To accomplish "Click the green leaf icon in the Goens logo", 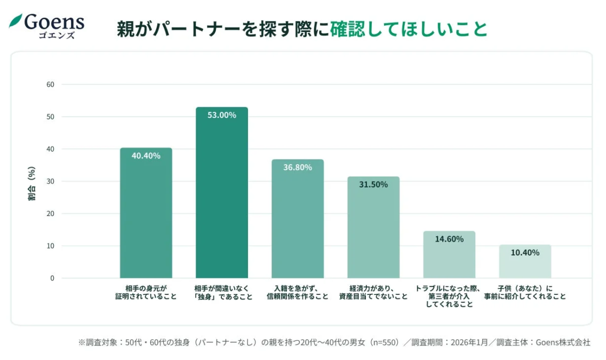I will click(x=16, y=21).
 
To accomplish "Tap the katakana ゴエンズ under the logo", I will click(x=56, y=36).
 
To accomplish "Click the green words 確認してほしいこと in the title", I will click(x=409, y=29).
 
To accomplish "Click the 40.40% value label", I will click(x=146, y=156).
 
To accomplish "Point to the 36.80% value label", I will click(x=297, y=167).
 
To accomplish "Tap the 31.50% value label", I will click(x=373, y=185).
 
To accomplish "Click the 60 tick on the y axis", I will click(x=51, y=84).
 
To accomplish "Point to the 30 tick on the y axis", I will click(x=51, y=181).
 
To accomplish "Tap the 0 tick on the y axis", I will click(x=52, y=278).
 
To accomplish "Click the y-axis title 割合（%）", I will click(x=31, y=184).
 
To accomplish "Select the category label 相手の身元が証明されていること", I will click(x=146, y=293).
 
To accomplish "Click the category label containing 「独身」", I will click(x=221, y=293).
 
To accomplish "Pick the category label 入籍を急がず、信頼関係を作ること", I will click(x=297, y=293).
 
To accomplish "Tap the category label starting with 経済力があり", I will click(x=373, y=293).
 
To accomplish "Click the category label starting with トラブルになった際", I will click(x=449, y=297).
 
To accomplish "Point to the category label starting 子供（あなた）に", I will click(x=525, y=293).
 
